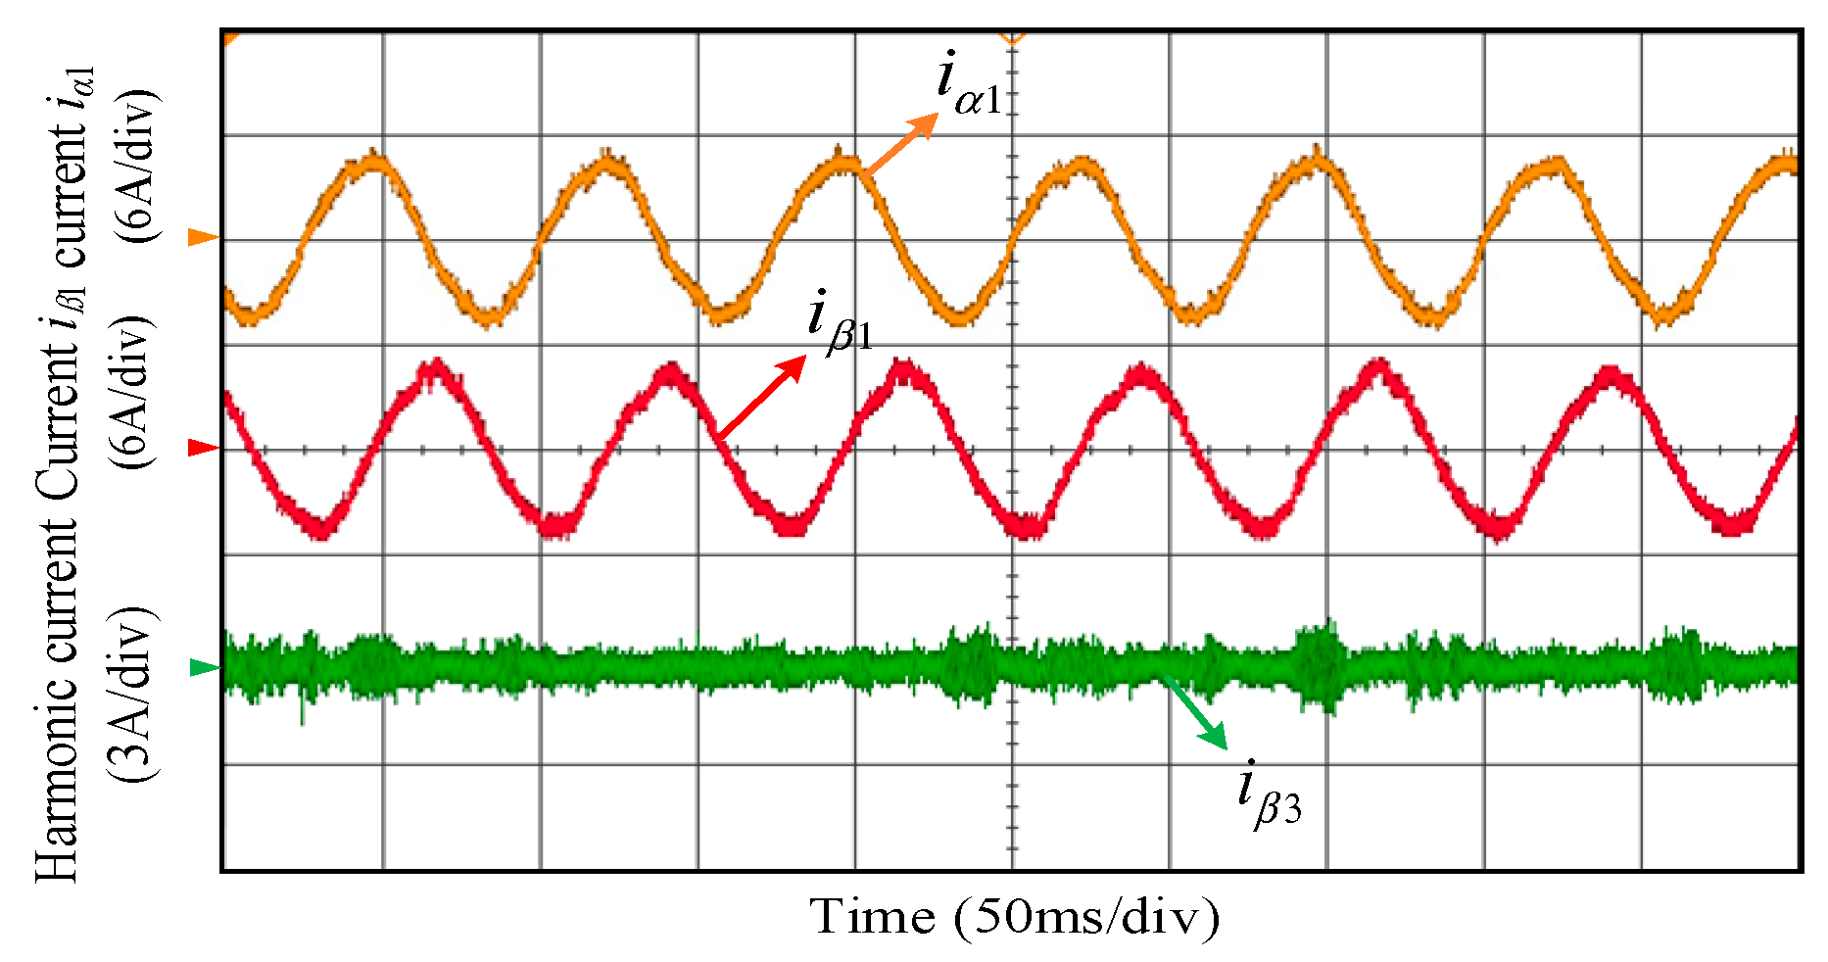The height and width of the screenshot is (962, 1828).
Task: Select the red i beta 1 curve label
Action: [x=840, y=321]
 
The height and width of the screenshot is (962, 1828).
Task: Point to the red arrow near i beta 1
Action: [x=762, y=396]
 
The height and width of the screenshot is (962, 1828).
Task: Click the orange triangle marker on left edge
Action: [x=203, y=237]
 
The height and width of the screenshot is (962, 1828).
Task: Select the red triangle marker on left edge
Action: [x=203, y=448]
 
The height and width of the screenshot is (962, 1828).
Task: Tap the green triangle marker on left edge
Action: [x=203, y=667]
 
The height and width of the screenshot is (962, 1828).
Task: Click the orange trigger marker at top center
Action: [x=1012, y=37]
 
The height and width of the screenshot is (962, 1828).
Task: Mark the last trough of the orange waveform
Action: [x=1668, y=314]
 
